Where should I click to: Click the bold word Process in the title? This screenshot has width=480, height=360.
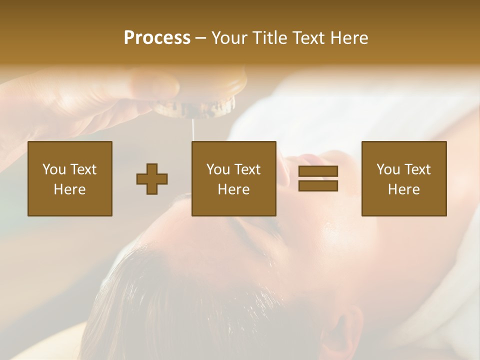(157, 38)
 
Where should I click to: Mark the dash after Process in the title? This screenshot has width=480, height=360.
(201, 39)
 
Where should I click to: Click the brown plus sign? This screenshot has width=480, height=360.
(152, 179)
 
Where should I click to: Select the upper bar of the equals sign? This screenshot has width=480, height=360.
(318, 171)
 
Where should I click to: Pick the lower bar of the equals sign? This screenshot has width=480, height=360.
(318, 186)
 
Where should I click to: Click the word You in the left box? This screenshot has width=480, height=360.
(54, 169)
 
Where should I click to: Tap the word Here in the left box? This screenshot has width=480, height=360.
(69, 189)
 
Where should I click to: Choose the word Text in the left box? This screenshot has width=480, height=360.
(83, 169)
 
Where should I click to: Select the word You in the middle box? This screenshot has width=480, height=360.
(218, 169)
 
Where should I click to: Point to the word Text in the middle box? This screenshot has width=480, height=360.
(247, 169)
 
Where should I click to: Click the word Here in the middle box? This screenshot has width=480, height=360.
(233, 189)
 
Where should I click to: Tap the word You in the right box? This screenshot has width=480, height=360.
(388, 169)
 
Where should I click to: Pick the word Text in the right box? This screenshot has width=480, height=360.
(417, 169)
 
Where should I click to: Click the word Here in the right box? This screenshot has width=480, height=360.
(403, 189)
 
